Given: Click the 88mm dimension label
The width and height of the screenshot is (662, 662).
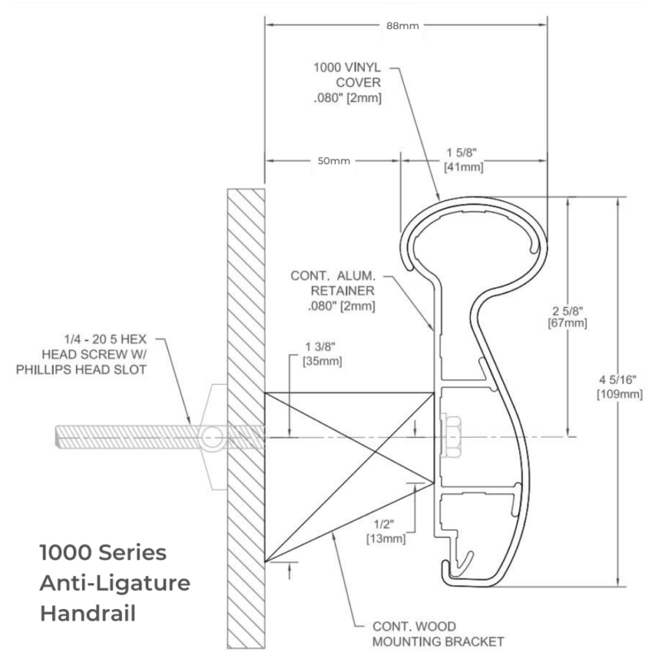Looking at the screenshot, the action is (402, 26).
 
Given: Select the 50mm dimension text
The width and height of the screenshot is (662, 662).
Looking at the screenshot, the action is (333, 161).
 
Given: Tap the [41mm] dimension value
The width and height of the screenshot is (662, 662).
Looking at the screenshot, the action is (463, 167).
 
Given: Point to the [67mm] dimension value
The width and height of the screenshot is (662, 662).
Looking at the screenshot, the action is (568, 324).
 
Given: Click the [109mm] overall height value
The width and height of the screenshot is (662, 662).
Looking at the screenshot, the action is (619, 395).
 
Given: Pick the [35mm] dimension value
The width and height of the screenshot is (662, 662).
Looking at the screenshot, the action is (322, 362).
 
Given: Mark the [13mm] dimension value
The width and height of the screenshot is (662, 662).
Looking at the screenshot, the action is (386, 539).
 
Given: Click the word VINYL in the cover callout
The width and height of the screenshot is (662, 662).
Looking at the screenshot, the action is (362, 68).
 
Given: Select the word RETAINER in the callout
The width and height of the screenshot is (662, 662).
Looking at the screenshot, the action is (343, 291).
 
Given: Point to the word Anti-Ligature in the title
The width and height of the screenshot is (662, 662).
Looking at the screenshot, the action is (115, 583).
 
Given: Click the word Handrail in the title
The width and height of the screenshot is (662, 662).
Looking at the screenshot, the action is (88, 613).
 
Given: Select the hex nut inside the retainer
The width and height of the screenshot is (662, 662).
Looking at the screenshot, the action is (451, 437).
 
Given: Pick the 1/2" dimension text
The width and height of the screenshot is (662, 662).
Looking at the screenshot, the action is (384, 525).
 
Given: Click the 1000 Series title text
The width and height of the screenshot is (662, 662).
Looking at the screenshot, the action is (103, 553).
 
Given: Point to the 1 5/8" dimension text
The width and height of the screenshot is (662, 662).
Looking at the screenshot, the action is (462, 152).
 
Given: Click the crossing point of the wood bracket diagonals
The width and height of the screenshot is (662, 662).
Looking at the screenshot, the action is (375, 453).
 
